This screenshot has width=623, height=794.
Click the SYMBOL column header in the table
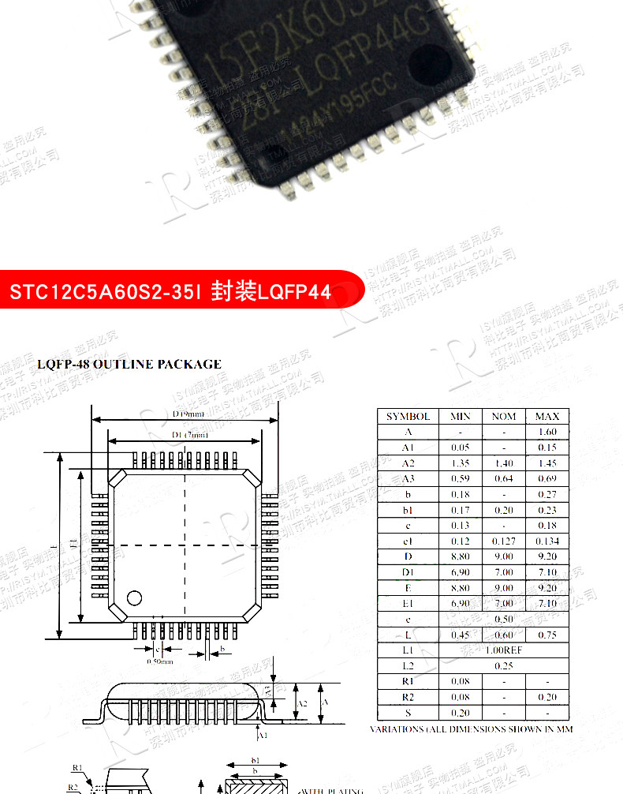pos(408,416)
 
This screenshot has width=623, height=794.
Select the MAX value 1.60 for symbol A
pos(547,432)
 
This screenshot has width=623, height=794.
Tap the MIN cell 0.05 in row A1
pos(460,448)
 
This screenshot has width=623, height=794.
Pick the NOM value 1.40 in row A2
pos(503,463)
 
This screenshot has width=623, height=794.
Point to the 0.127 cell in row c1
pos(503,541)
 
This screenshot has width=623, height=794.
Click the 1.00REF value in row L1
pos(503,650)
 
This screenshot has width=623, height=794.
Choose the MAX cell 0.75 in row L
pos(547,635)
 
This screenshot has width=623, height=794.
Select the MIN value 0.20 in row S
pos(460,713)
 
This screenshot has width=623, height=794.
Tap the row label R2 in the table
pos(408,697)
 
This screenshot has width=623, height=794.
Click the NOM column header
pos(503,416)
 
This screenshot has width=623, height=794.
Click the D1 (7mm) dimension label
pos(189,435)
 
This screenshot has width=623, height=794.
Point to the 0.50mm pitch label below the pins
pos(159,661)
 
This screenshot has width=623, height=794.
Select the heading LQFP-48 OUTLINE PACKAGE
pos(129,364)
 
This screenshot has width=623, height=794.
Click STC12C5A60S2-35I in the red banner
pos(105,292)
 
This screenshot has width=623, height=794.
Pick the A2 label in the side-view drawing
pos(302,703)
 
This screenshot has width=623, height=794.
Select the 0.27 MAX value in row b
pos(547,494)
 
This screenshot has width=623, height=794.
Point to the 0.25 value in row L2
pos(503,665)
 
